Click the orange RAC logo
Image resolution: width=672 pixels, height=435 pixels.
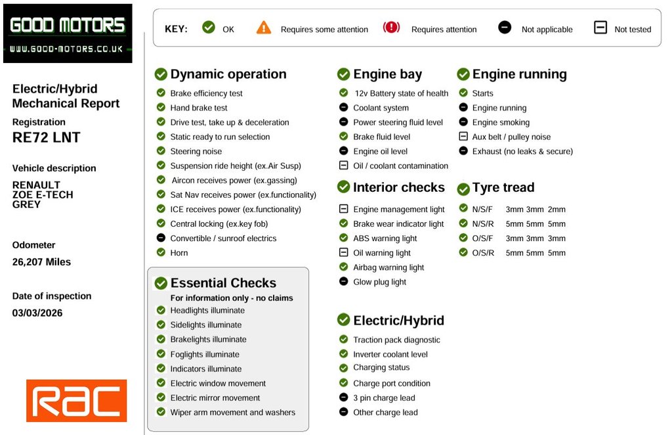[76, 400]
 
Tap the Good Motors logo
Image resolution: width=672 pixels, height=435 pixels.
[68, 33]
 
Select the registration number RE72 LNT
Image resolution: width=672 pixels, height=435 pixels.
[46, 137]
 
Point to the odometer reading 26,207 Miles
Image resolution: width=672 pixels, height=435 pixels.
[41, 262]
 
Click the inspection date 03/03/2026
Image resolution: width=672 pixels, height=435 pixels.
[37, 313]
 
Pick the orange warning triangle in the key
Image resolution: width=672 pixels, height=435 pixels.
[264, 28]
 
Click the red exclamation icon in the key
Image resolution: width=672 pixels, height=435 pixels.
[391, 28]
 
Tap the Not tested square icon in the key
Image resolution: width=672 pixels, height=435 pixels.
[600, 28]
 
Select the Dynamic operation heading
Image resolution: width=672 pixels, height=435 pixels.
[228, 74]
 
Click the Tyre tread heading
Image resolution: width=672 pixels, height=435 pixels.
[503, 187]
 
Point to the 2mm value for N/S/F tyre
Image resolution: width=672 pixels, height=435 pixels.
[556, 210]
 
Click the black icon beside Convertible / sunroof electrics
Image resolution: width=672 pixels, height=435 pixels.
[161, 238]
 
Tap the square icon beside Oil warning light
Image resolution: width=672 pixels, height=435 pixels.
[343, 252]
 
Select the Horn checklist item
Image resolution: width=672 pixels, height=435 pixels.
[179, 253]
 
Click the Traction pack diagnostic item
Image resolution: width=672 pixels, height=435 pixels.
[396, 340]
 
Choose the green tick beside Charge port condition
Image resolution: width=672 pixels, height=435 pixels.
[343, 382]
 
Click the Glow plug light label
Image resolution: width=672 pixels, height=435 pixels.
[379, 282]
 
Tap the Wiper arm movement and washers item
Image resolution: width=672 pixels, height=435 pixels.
[232, 413]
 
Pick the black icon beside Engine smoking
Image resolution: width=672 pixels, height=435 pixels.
[463, 122]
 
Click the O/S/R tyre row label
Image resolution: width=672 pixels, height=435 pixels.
[483, 253]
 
